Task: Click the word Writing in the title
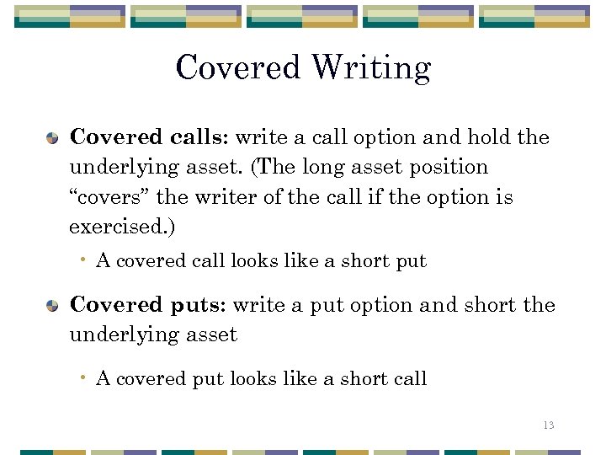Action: tap(371, 68)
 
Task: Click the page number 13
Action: tap(548, 426)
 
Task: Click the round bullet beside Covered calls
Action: tap(53, 137)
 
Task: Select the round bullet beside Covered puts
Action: tap(53, 304)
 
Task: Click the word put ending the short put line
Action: tap(412, 261)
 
